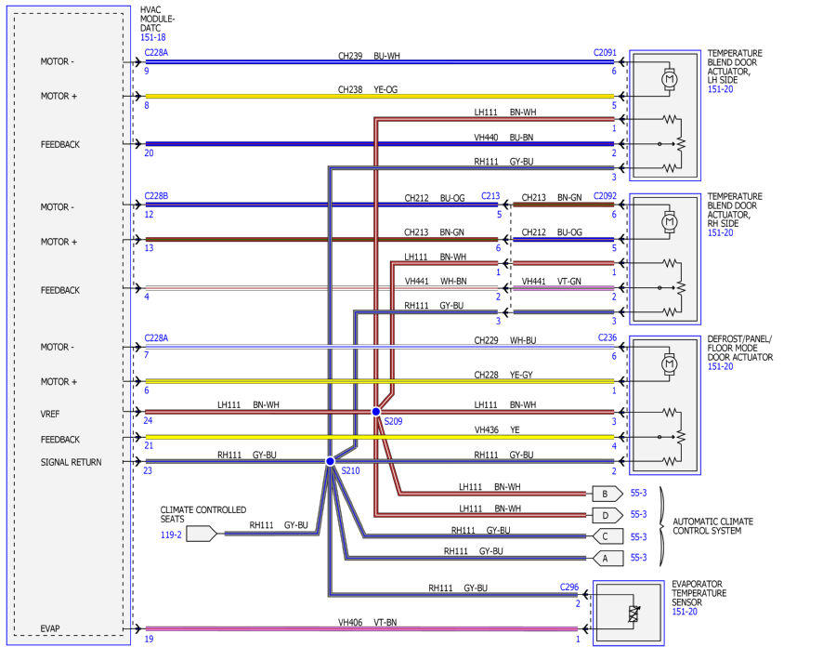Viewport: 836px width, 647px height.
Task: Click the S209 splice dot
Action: (x=376, y=411)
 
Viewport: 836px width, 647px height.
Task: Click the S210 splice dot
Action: (x=330, y=461)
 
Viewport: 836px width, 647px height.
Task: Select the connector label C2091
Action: (x=605, y=53)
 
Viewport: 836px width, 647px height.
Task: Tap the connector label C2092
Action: (x=605, y=196)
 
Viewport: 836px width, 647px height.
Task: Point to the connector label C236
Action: (x=607, y=337)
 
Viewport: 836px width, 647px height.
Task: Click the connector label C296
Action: (x=568, y=587)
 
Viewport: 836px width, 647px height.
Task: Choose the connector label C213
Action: (x=490, y=196)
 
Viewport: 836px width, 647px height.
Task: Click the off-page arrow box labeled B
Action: (x=607, y=494)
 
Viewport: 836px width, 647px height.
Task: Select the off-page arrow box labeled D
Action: (x=607, y=515)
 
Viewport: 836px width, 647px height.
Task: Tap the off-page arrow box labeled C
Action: (x=607, y=536)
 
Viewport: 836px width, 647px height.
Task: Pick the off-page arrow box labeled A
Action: (x=607, y=559)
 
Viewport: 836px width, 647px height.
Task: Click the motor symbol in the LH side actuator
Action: (x=669, y=79)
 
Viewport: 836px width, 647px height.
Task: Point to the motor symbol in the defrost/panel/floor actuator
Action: (x=669, y=364)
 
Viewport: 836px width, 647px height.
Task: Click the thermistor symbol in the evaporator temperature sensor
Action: (x=634, y=614)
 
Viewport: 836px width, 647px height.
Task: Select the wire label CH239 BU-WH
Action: (x=369, y=56)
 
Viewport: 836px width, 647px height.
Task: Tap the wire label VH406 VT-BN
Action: (x=367, y=622)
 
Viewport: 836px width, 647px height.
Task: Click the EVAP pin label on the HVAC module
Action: (x=50, y=628)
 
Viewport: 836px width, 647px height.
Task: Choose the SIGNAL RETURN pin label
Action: (x=71, y=462)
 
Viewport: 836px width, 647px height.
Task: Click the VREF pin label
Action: (x=50, y=414)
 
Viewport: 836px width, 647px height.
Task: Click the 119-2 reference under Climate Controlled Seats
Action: (x=171, y=535)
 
